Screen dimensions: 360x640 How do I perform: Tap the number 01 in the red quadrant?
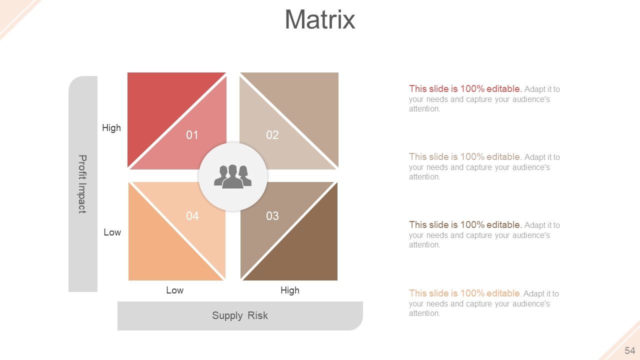coord(192,135)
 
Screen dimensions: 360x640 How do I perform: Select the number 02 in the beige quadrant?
coord(272,135)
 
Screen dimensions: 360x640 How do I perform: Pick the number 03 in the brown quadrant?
coord(272,216)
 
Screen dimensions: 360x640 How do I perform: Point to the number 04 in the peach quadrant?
coord(192,216)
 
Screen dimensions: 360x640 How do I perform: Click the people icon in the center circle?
coord(233,176)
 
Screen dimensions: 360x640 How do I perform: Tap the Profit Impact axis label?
coord(82,184)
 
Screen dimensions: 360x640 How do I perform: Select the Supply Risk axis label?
coord(240,315)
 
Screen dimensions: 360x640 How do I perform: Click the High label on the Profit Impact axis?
coord(111,128)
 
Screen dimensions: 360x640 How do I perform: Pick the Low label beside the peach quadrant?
coord(112,232)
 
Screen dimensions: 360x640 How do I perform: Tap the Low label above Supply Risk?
coord(174,290)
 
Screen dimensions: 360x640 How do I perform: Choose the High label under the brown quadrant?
coord(290,290)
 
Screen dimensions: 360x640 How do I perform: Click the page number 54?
coord(629,350)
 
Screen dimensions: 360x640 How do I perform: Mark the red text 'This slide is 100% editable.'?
coord(465,89)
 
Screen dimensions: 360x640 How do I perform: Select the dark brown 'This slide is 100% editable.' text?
coord(465,225)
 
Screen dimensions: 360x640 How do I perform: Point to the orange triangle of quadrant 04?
coord(160,250)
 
